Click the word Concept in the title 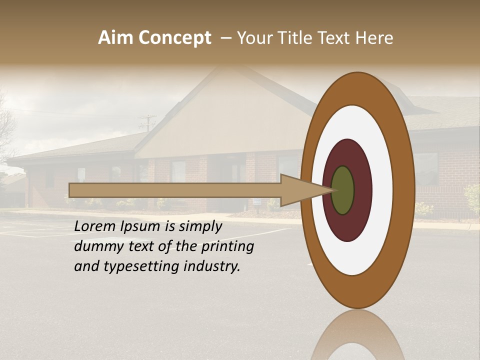(174, 38)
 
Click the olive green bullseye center (343, 190)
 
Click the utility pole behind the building (147, 122)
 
